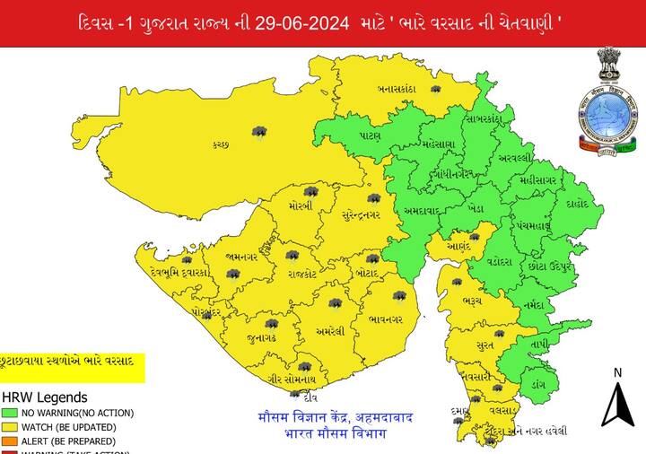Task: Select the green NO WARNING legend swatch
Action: [10, 413]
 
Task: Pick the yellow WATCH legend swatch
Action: [10, 427]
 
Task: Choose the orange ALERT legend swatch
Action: [10, 441]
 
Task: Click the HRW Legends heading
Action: [45, 397]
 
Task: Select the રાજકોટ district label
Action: [302, 274]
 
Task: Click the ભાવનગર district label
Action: [385, 319]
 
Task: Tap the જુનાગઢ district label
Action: [261, 339]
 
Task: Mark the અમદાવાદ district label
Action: [421, 211]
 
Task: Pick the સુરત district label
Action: [485, 345]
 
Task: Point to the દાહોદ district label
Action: [578, 204]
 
